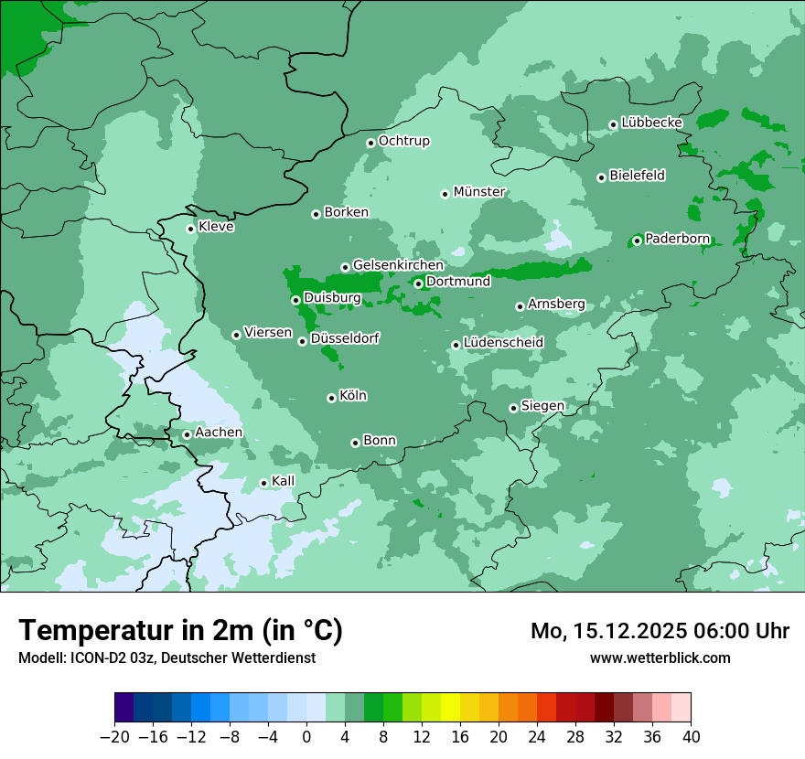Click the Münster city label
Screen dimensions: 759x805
coord(479,192)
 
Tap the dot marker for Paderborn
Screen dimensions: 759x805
coord(637,241)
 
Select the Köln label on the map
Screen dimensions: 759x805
coord(353,396)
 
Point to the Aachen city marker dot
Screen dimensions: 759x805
coord(187,434)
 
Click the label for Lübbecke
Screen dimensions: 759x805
coord(651,123)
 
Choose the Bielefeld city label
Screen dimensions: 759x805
coord(637,176)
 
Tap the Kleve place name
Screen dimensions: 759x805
coord(216,227)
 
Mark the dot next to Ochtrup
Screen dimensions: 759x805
coord(370,142)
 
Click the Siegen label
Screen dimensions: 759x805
coord(542,406)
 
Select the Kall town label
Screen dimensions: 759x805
coord(283,481)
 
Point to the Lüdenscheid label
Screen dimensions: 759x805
coord(503,343)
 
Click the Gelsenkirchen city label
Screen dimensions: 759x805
coord(398,265)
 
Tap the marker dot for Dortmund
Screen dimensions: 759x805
coord(418,283)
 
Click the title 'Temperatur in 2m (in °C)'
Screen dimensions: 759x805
coord(181,630)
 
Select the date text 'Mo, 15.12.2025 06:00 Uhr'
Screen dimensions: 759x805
coord(660,631)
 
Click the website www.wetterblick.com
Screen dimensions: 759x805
coord(660,657)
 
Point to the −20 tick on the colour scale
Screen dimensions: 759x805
coord(114,737)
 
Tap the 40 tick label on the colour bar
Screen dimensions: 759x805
coord(691,737)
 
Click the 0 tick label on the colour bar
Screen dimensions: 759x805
coord(306,737)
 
